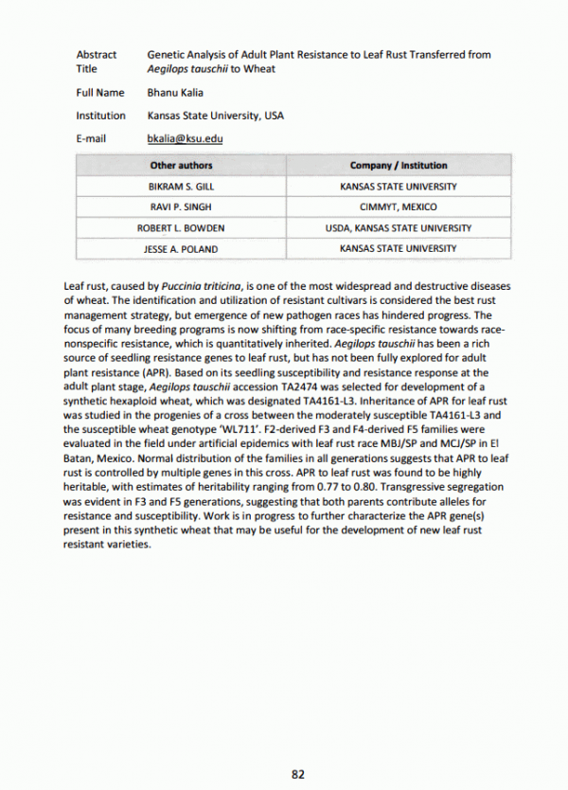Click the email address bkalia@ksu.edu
(185, 138)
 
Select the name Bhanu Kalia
(175, 93)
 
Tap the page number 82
(297, 774)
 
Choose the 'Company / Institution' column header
(399, 166)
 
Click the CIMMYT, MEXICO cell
(399, 207)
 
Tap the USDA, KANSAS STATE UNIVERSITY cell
(399, 228)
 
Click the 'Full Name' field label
(99, 93)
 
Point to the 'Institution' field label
(100, 116)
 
